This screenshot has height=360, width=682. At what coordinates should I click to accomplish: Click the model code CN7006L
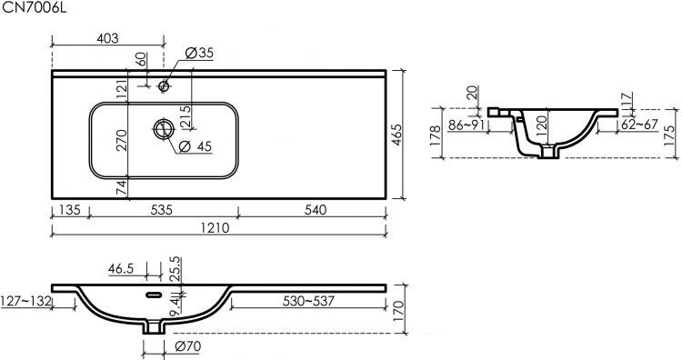coord(35,8)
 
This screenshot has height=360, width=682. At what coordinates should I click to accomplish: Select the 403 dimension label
coord(107,38)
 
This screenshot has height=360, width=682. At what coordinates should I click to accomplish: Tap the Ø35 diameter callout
coord(199,53)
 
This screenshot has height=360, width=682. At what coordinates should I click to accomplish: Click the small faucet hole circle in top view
coord(164,86)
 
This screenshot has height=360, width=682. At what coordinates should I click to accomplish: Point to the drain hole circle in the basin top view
coord(164,129)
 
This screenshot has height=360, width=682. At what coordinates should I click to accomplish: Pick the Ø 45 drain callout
coord(195,146)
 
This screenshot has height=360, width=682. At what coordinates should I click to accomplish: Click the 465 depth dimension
coord(396,135)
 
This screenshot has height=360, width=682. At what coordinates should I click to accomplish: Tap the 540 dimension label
coord(315,210)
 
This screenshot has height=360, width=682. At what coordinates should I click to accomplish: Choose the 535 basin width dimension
coord(161,210)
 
